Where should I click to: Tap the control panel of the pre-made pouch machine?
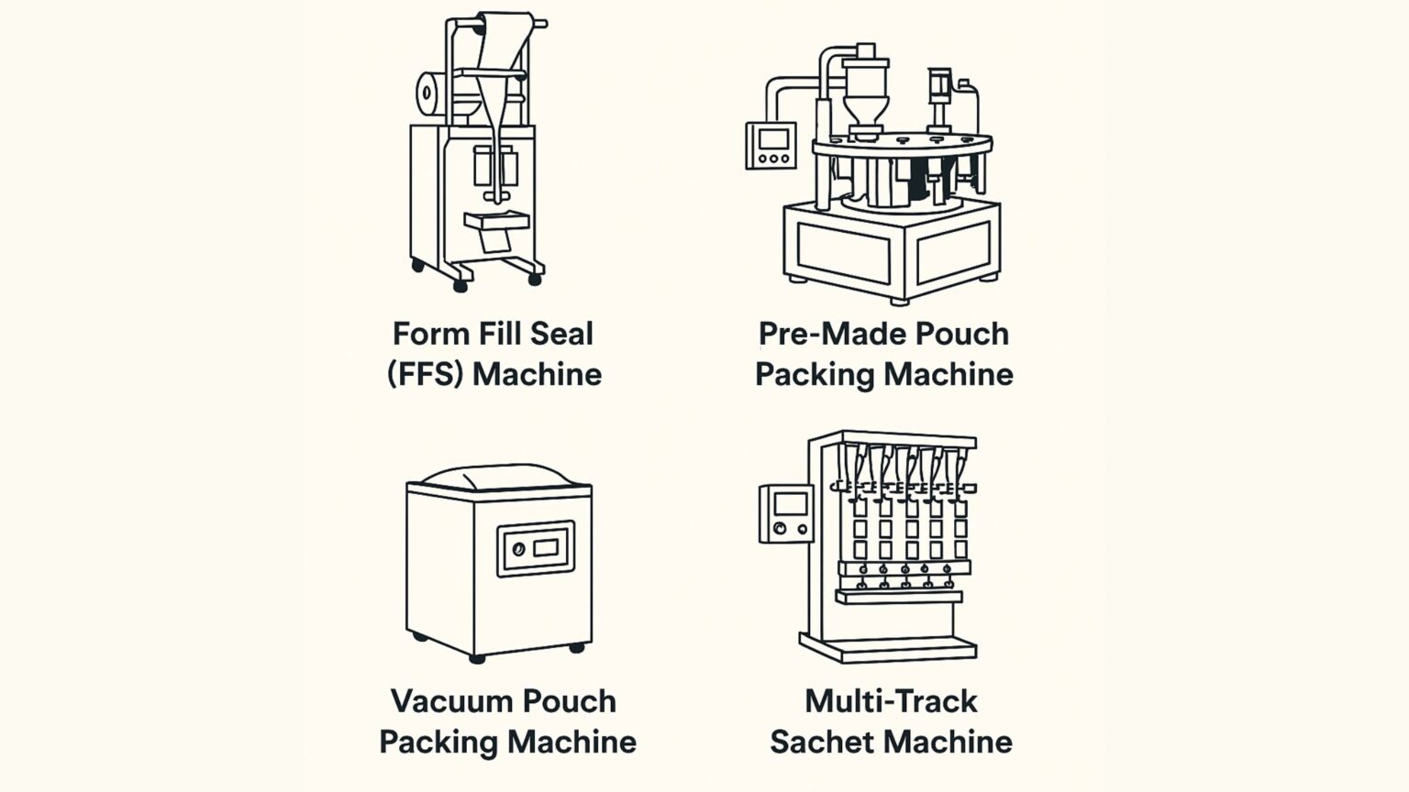[771, 146]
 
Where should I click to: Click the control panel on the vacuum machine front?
[536, 549]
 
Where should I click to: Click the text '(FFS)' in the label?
[424, 374]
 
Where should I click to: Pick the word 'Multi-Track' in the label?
[891, 701]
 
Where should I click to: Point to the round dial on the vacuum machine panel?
[518, 549]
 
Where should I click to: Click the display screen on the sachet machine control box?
[790, 503]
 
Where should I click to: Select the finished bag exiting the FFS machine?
[495, 240]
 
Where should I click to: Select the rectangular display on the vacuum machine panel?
[546, 548]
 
